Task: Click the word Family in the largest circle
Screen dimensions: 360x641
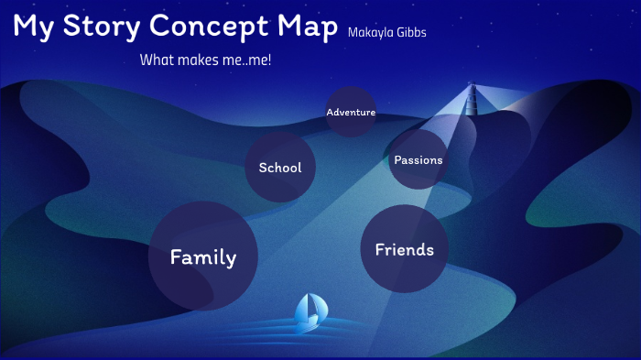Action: pos(203,257)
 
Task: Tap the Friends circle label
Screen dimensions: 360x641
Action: pos(404,249)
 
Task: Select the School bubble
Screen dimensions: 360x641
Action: pos(280,168)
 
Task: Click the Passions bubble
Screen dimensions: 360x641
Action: pos(418,159)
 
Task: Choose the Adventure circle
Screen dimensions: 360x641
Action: pos(351,112)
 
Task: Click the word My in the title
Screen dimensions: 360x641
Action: pos(31,27)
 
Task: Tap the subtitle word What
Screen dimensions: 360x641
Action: pos(156,60)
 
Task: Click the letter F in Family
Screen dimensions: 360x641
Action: pos(176,257)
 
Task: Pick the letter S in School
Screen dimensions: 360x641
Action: pos(263,168)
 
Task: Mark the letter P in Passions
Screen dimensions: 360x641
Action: pos(397,159)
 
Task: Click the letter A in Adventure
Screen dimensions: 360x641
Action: pos(330,112)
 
